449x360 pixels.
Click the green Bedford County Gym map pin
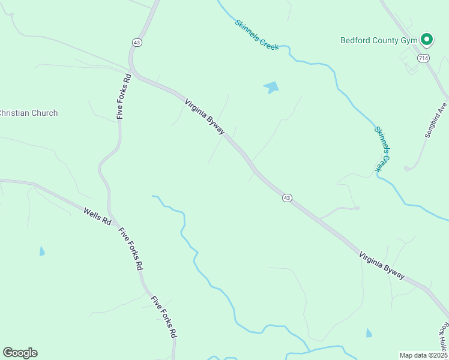point(427,40)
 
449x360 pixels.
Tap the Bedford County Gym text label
point(378,41)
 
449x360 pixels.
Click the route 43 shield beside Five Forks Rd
point(137,42)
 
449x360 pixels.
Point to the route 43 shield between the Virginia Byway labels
point(288,198)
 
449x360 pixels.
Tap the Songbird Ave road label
point(436,119)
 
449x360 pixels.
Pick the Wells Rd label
point(98,216)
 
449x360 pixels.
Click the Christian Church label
point(28,113)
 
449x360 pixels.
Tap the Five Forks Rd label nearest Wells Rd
point(131,248)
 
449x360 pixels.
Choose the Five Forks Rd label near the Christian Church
point(124,96)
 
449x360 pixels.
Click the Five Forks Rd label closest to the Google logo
point(164,316)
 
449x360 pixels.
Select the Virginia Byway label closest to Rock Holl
point(382,264)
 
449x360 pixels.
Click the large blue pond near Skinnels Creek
point(272,87)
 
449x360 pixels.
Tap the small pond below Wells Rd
point(42,251)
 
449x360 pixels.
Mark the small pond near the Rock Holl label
point(369,332)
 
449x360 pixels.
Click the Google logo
point(20,353)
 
